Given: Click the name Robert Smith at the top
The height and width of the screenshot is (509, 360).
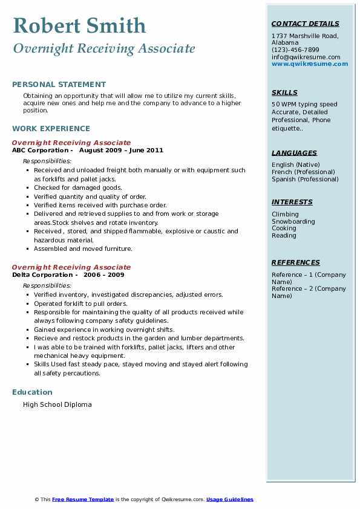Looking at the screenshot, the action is (x=79, y=25).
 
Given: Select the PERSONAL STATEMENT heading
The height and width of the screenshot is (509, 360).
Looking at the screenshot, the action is (x=59, y=85).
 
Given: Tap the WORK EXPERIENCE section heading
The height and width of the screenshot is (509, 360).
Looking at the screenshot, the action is (x=51, y=128).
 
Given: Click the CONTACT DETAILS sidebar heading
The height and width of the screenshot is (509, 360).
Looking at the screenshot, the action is (x=305, y=24).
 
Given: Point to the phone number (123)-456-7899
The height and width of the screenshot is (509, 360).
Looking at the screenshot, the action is (x=295, y=50).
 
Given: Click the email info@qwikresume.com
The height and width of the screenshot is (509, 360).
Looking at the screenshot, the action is (x=306, y=57).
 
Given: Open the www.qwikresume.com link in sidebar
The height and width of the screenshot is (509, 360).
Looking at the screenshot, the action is (x=310, y=64).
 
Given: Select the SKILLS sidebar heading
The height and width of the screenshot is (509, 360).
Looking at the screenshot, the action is (x=284, y=92).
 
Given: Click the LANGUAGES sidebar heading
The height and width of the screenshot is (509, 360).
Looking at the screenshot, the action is (x=294, y=153).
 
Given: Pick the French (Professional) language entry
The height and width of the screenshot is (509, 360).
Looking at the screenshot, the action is (x=304, y=172).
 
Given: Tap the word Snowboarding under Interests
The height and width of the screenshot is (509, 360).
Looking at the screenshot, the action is (x=293, y=221).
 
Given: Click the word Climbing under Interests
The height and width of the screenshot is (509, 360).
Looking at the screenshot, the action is (x=285, y=214).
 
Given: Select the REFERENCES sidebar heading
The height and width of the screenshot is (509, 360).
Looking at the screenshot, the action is (x=296, y=262).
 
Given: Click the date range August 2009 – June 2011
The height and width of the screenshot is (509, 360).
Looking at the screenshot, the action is (x=121, y=151).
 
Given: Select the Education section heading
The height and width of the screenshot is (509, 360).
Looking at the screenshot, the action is (x=32, y=392).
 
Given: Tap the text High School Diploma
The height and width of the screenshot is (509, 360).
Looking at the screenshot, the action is (x=57, y=404).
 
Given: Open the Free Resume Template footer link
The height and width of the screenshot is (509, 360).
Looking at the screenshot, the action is (x=83, y=499).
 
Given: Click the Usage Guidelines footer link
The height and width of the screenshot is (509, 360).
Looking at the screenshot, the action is (x=230, y=499).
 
